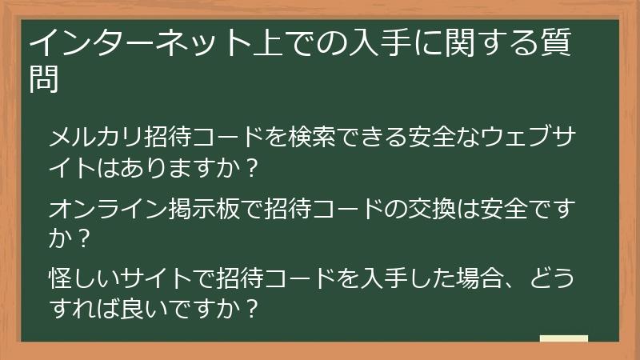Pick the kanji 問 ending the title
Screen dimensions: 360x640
(44, 78)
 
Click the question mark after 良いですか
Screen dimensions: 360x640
(254, 309)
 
